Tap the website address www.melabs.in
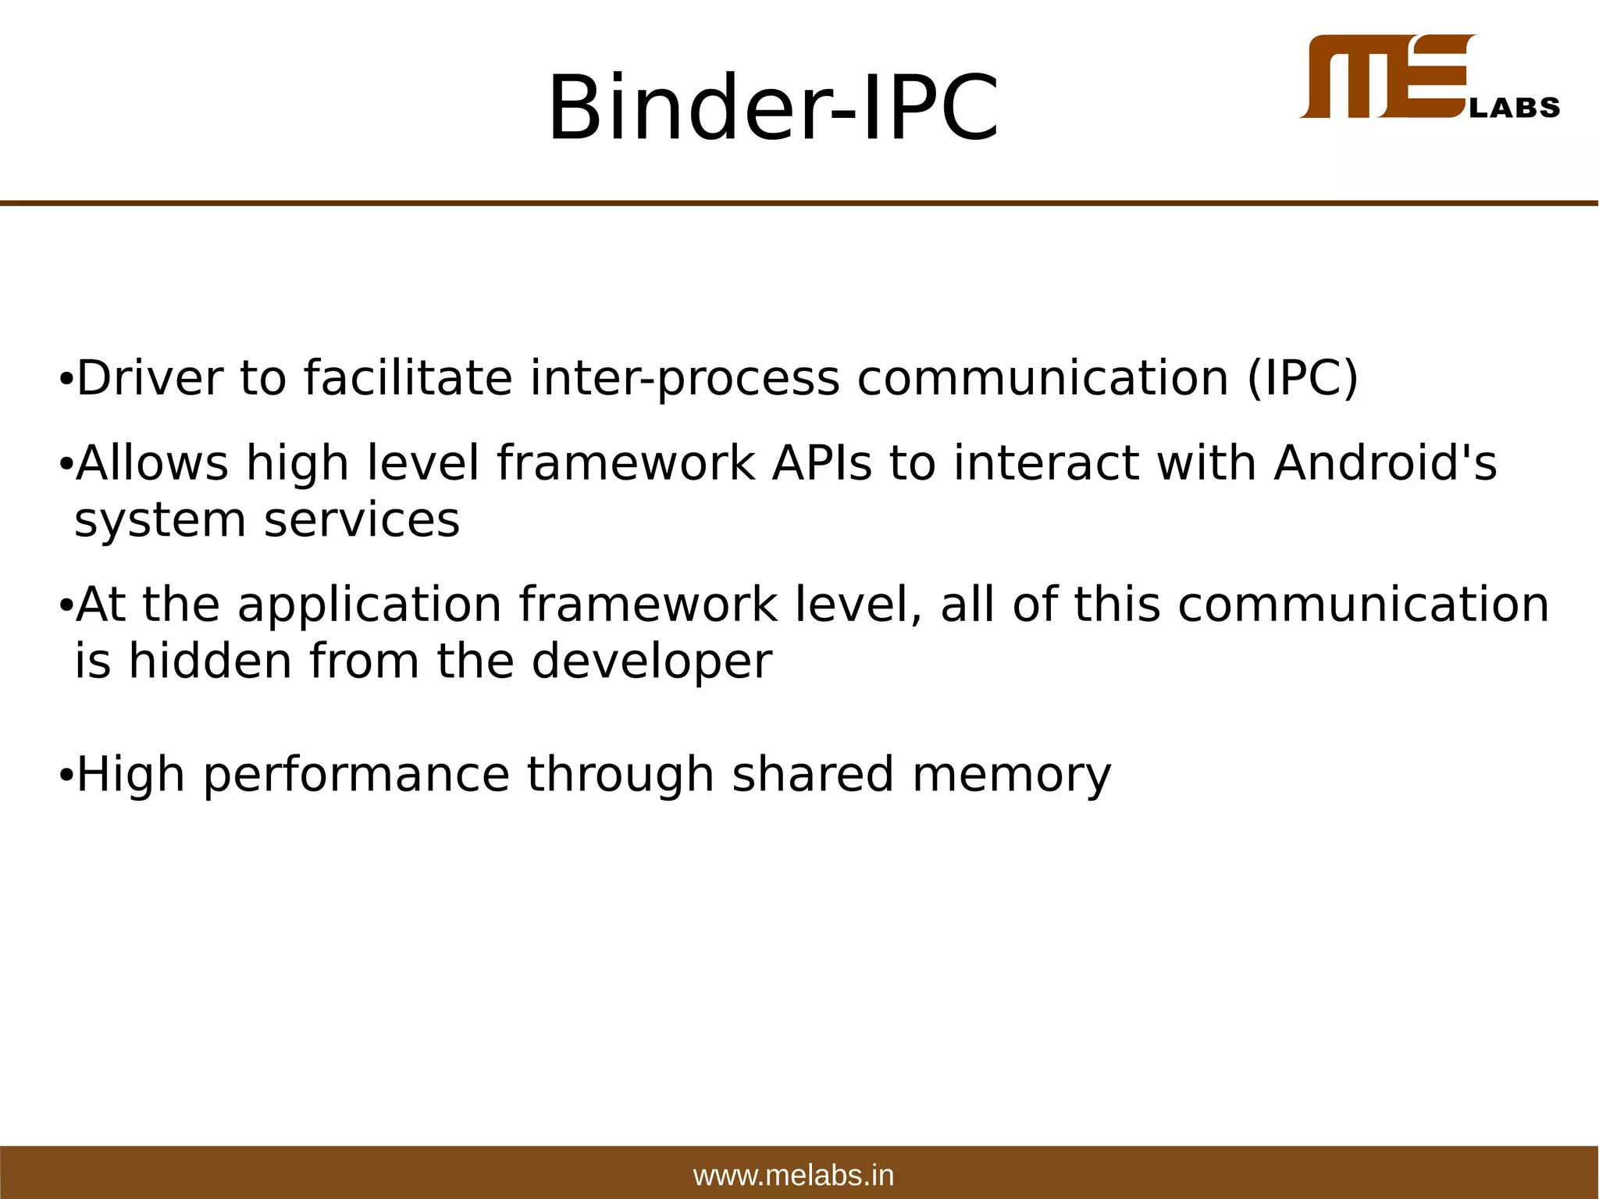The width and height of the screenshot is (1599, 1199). pyautogui.click(x=793, y=1175)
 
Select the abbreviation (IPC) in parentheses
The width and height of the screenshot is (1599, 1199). pyautogui.click(x=1303, y=378)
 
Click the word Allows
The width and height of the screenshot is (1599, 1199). pyautogui.click(x=152, y=462)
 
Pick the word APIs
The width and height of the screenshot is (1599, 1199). pyautogui.click(x=821, y=462)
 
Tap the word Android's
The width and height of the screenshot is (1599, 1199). pyautogui.click(x=1385, y=462)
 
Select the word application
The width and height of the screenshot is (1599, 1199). pyautogui.click(x=369, y=606)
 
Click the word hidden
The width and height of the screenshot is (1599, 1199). pyautogui.click(x=210, y=661)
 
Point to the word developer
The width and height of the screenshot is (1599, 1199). pyautogui.click(x=651, y=662)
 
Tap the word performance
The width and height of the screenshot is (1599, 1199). pyautogui.click(x=356, y=776)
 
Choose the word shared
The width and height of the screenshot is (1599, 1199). pyautogui.click(x=812, y=774)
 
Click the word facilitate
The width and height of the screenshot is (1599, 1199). pyautogui.click(x=408, y=378)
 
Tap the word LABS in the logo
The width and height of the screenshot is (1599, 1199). pyautogui.click(x=1515, y=108)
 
